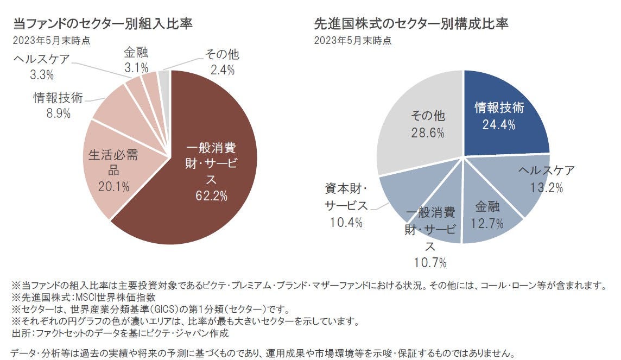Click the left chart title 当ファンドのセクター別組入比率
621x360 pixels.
click(103, 24)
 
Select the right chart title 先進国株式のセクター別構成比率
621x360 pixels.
click(411, 24)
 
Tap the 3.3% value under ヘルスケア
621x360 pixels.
click(42, 74)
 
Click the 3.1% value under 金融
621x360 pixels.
click(136, 68)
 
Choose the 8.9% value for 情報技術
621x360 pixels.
click(58, 113)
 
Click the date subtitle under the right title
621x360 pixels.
click(352, 40)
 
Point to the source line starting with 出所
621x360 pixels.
click(120, 333)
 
